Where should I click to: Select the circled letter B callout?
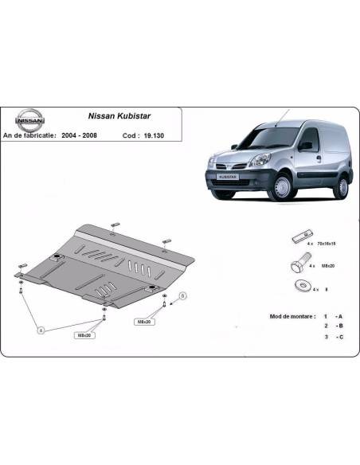182,296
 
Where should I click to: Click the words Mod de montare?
282,316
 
